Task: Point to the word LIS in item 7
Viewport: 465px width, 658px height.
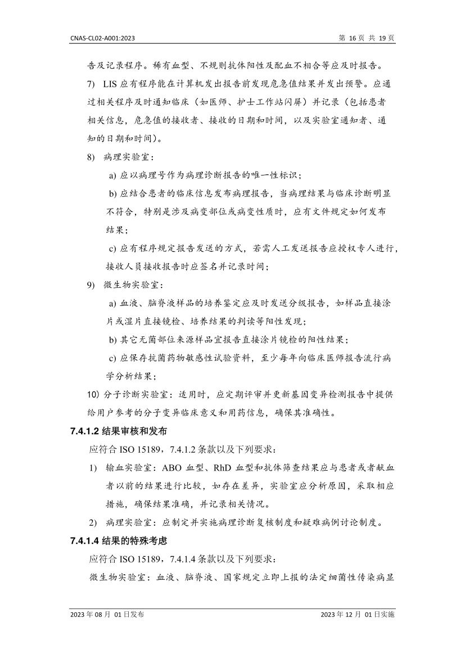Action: [111, 85]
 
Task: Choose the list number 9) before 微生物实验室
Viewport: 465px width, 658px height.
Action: [91, 285]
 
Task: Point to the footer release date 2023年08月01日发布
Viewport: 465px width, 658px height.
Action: [107, 615]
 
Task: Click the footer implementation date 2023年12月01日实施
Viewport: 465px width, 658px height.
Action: [357, 615]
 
